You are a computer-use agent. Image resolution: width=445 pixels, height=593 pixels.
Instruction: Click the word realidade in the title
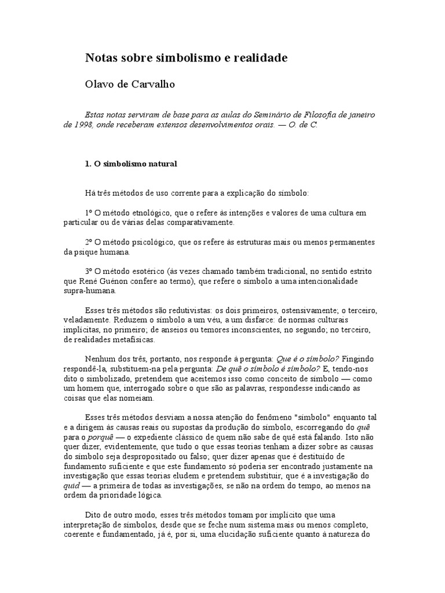click(x=260, y=58)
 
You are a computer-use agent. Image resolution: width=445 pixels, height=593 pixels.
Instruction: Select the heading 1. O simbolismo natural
click(x=131, y=164)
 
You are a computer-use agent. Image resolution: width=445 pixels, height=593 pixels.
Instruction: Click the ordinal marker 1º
click(x=89, y=213)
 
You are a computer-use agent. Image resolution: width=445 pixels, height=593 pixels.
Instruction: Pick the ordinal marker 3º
click(x=89, y=271)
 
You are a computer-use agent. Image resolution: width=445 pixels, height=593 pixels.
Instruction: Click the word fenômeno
click(x=250, y=417)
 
